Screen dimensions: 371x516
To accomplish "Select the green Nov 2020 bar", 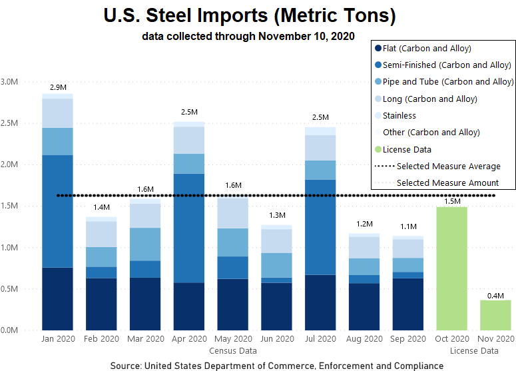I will [496, 315].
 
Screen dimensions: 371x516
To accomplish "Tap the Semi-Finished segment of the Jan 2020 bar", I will [58, 211].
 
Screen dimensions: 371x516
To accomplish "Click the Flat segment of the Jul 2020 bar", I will [321, 302].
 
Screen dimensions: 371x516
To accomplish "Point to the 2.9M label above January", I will [58, 87].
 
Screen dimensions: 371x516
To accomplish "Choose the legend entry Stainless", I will [399, 116].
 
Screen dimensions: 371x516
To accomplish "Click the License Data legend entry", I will [407, 149].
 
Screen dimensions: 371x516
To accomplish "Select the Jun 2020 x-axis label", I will [277, 339].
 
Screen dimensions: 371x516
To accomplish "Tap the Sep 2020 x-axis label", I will [408, 339].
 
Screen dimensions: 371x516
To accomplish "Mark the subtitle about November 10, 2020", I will [248, 36].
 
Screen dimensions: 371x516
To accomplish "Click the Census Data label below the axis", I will [233, 350].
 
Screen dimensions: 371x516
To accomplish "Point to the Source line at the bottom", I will [277, 365].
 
